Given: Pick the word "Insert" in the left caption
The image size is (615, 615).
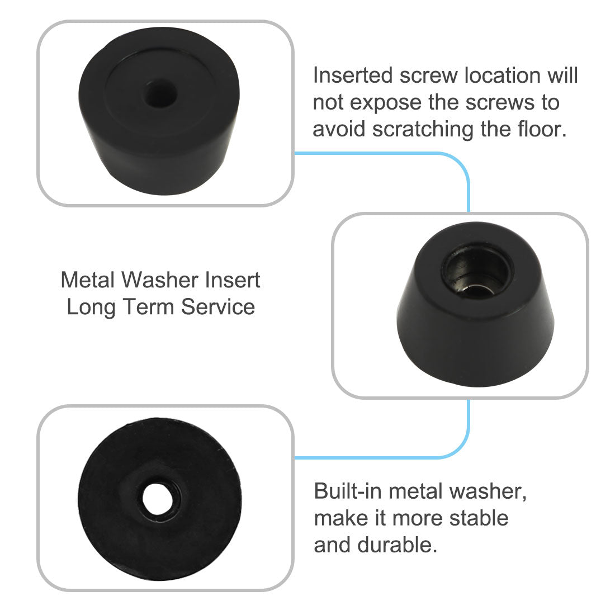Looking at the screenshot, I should [x=232, y=280].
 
